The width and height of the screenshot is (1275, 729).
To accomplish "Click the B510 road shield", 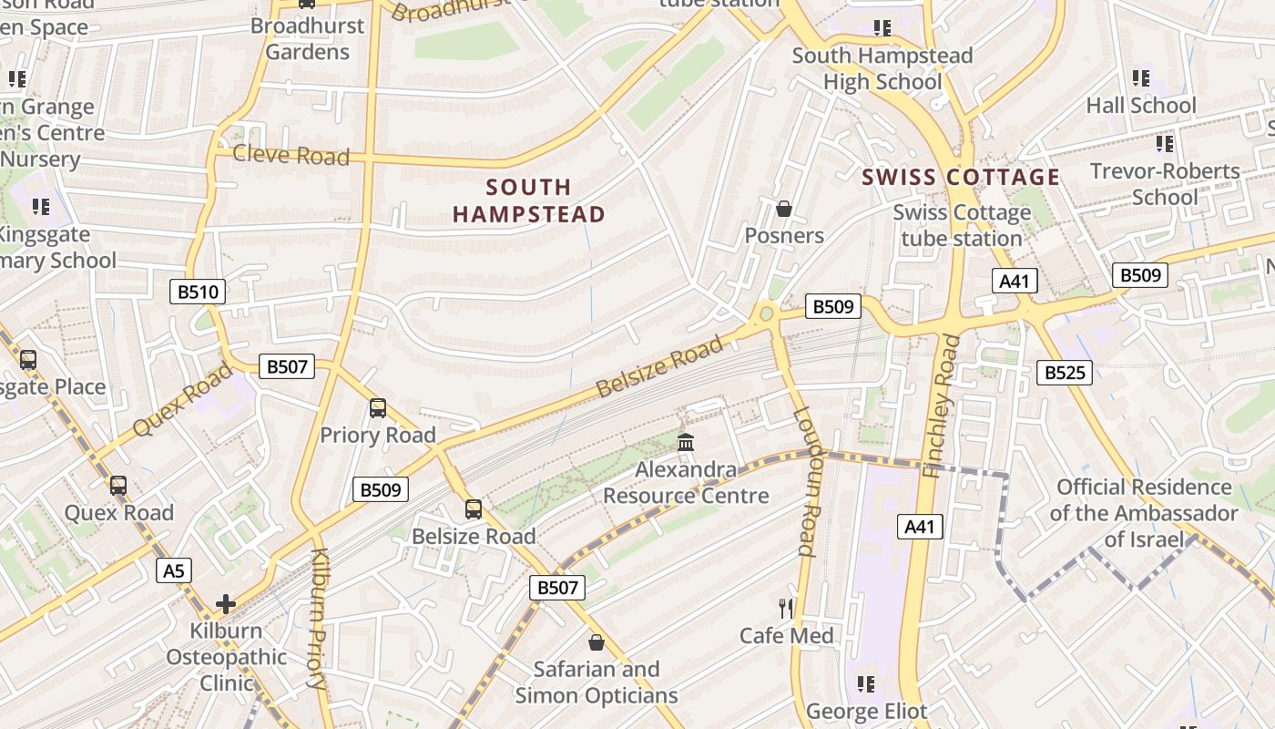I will click(x=198, y=292).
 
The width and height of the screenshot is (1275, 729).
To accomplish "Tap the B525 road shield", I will click(x=1064, y=372).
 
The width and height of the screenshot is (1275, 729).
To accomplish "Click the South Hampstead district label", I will click(x=528, y=200).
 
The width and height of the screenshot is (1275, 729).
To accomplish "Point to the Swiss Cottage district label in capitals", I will click(x=961, y=177).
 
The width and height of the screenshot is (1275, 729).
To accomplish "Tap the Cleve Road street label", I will click(x=291, y=155).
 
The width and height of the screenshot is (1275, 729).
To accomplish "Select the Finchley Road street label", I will click(x=940, y=406).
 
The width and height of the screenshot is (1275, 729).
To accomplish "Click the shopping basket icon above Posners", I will click(x=783, y=210).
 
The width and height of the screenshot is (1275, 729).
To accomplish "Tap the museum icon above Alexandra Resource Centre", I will click(x=686, y=443).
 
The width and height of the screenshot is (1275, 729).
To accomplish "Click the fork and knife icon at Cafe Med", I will click(x=785, y=608).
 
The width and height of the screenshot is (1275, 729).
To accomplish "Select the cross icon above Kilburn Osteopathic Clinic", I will click(x=225, y=603).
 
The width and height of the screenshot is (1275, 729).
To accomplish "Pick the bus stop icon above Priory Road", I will click(x=377, y=408).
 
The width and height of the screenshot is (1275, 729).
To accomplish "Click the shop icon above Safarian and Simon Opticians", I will click(x=596, y=642).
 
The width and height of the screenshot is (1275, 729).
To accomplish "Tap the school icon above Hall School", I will click(x=1140, y=78).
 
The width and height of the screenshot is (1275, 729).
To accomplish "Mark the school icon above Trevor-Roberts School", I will click(x=1164, y=144).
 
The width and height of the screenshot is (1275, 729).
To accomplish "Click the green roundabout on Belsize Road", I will click(x=767, y=313).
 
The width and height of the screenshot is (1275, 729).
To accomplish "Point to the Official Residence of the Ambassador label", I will click(x=1144, y=513).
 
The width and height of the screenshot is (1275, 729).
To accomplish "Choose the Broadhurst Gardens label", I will click(x=307, y=38).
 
